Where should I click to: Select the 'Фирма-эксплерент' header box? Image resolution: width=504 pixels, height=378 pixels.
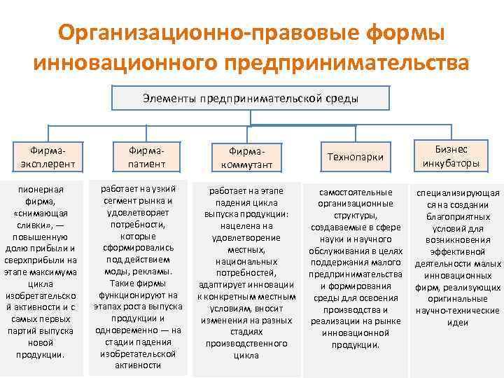(x=47, y=157)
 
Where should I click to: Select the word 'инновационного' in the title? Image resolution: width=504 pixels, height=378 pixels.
(x=124, y=63)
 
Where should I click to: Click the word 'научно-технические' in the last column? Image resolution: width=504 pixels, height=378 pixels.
(x=458, y=311)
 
